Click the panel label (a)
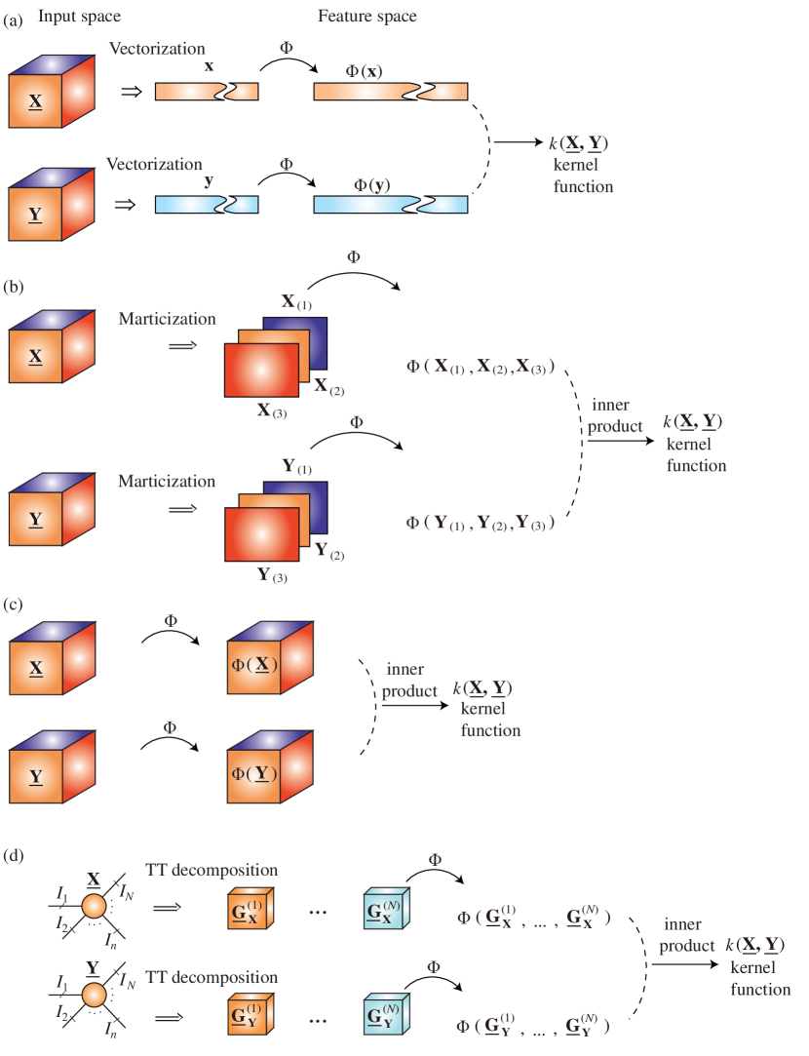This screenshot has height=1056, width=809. [x=14, y=18]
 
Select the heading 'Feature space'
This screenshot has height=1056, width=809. [x=366, y=17]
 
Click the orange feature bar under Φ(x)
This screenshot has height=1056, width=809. [x=390, y=92]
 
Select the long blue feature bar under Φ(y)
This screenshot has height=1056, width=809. [x=390, y=204]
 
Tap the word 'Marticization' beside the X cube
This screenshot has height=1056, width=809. [x=167, y=319]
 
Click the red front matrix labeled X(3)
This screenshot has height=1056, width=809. [x=261, y=370]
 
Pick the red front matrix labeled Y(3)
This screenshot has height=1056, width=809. [x=261, y=533]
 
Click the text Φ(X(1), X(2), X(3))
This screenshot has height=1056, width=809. [x=482, y=367]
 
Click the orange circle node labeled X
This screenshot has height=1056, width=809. [x=94, y=906]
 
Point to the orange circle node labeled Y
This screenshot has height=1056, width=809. [x=94, y=996]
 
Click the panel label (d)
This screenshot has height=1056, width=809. [x=14, y=855]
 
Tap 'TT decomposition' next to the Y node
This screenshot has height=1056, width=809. [x=212, y=977]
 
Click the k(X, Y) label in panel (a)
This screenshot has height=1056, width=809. [x=578, y=143]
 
